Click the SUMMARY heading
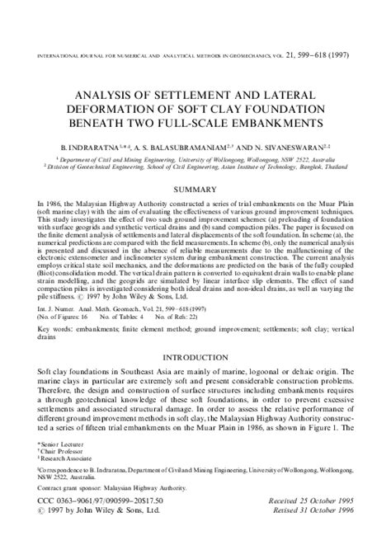click(195, 190)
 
